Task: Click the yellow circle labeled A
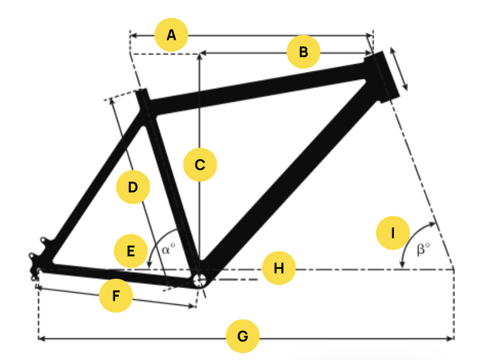click(x=171, y=35)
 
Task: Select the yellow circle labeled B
click(x=303, y=52)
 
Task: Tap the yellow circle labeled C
click(x=200, y=165)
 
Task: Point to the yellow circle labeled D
click(x=133, y=187)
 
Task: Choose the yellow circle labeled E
click(x=131, y=251)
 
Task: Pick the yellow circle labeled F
click(x=116, y=296)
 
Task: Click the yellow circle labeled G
click(x=243, y=336)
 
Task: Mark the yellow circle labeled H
click(x=279, y=268)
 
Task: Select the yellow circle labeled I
click(x=393, y=233)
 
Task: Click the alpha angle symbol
click(x=168, y=248)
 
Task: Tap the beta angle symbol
click(x=423, y=249)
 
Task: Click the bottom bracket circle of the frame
click(x=200, y=281)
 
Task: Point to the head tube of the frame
click(x=382, y=77)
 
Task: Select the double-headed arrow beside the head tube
click(x=399, y=69)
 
